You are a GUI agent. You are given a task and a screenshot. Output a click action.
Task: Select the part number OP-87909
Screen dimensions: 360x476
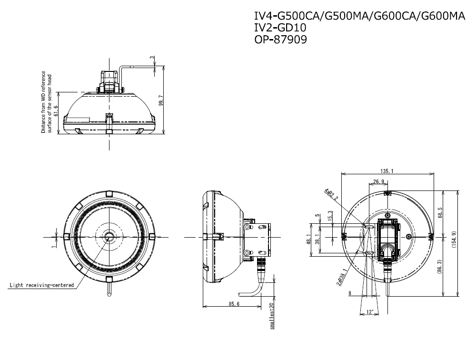pyautogui.click(x=281, y=40)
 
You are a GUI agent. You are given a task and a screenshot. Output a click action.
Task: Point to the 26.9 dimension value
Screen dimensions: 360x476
pyautogui.click(x=379, y=182)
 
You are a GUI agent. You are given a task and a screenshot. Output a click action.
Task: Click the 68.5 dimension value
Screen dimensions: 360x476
pyautogui.click(x=440, y=212)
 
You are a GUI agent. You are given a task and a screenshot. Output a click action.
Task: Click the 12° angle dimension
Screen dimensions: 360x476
pyautogui.click(x=369, y=312)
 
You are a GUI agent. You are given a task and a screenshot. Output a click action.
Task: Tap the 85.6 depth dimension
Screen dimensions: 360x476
pyautogui.click(x=234, y=303)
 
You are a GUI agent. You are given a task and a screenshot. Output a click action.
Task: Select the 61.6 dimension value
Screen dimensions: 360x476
pyautogui.click(x=56, y=111)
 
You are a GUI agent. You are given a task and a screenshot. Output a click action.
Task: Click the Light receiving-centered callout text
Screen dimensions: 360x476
pyautogui.click(x=42, y=285)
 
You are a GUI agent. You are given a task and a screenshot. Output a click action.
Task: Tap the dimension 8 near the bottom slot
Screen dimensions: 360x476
pyautogui.click(x=350, y=294)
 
